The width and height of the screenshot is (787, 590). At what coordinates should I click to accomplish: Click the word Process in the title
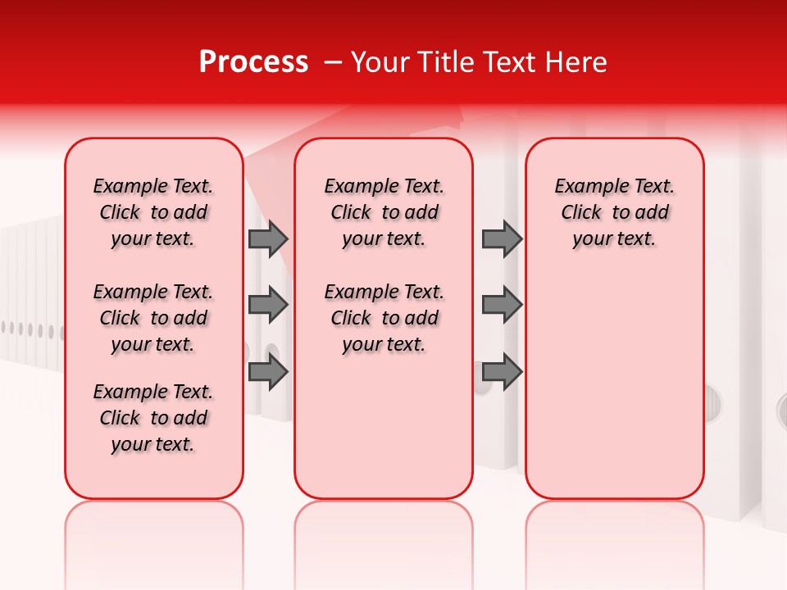point(253,62)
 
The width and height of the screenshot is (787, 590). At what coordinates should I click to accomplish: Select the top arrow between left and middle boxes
point(268,239)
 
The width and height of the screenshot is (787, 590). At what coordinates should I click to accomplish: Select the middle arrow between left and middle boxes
point(268,305)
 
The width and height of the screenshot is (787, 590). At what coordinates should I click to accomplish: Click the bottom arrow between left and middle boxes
point(268,372)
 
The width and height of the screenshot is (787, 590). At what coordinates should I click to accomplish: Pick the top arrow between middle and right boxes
point(502,239)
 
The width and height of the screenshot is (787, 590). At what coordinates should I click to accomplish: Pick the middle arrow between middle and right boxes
point(502,305)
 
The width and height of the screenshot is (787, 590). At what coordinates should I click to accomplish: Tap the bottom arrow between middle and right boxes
point(502,372)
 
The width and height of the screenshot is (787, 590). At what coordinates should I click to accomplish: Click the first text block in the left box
point(153,212)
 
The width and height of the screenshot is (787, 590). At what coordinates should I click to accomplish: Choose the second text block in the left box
point(153,318)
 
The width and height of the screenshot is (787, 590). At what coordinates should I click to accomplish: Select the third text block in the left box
point(153,418)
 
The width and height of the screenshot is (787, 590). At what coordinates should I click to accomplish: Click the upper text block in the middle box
point(384,212)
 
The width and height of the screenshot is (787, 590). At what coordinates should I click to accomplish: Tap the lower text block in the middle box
point(384,318)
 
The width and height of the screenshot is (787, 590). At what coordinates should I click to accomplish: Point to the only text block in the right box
point(614,212)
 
